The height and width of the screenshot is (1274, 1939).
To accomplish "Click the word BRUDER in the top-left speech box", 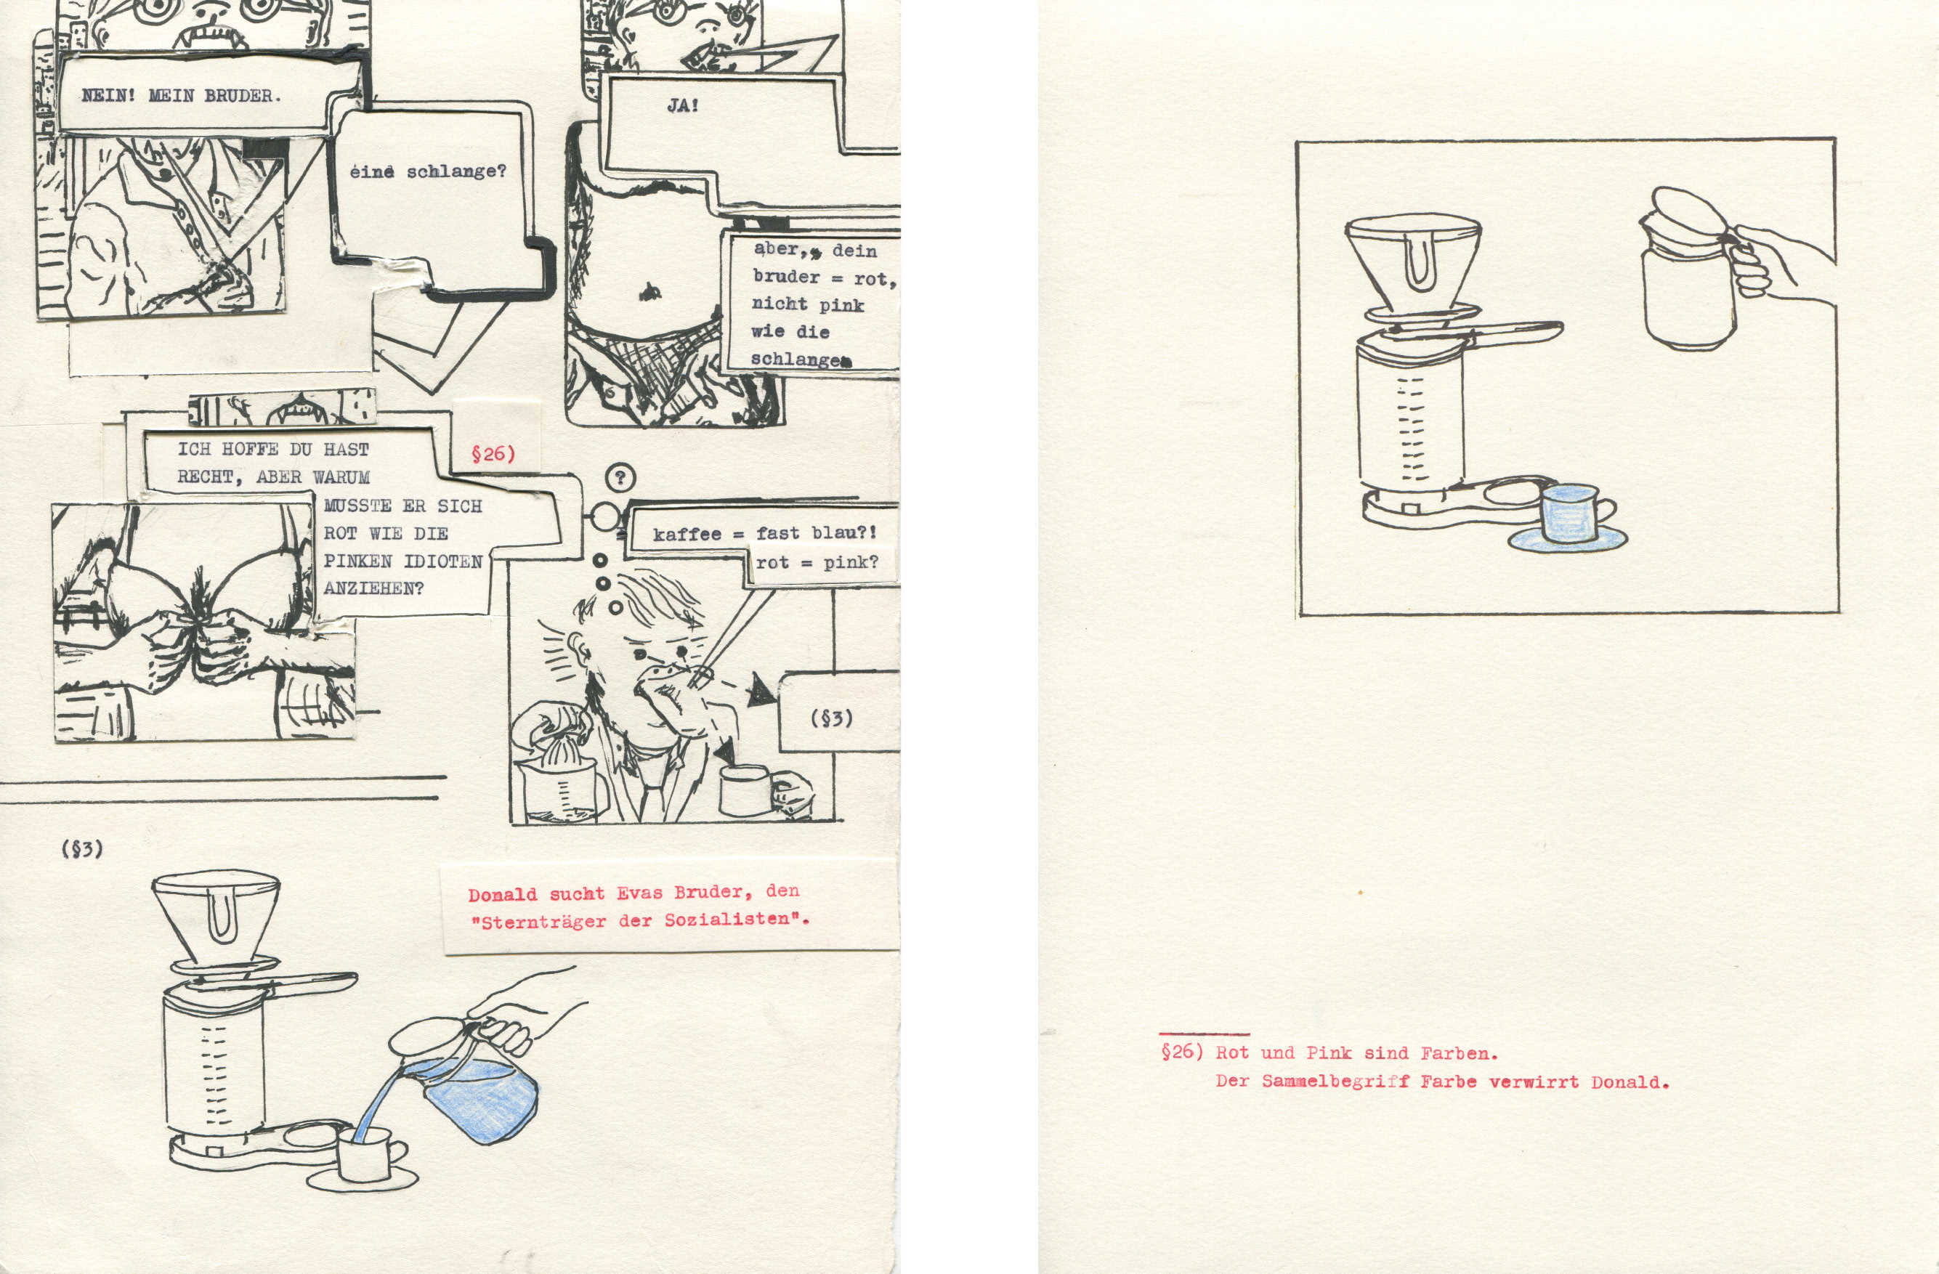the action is tap(241, 95).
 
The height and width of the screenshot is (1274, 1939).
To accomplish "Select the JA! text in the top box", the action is tap(682, 105).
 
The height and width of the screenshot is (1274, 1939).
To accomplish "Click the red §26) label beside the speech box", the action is tap(493, 454).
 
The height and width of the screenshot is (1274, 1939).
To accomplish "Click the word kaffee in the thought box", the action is tap(687, 535).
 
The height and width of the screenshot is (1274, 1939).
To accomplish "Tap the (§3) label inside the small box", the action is tap(832, 718).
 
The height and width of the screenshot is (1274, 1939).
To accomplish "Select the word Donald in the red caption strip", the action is tap(503, 894).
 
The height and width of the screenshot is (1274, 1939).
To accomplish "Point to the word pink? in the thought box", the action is tap(851, 562).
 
